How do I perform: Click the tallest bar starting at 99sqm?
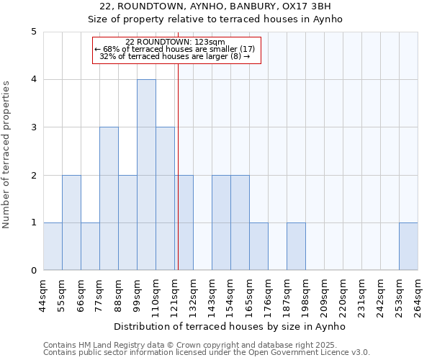click(146, 175)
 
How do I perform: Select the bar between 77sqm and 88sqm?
click(109, 199)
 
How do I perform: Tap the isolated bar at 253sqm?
click(408, 246)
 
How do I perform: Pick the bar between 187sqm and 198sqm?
click(296, 246)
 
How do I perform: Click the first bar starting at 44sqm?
click(53, 246)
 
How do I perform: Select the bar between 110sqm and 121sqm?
click(165, 199)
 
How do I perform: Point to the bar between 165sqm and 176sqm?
click(258, 246)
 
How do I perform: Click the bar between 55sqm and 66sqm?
click(71, 222)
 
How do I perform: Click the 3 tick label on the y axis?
click(34, 127)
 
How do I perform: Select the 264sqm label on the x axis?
click(418, 295)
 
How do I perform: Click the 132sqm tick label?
click(193, 295)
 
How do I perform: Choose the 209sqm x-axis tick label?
click(324, 295)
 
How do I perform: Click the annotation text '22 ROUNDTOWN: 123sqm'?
click(175, 42)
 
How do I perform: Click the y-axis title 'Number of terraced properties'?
click(7, 154)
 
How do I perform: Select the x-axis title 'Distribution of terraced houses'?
click(230, 327)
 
